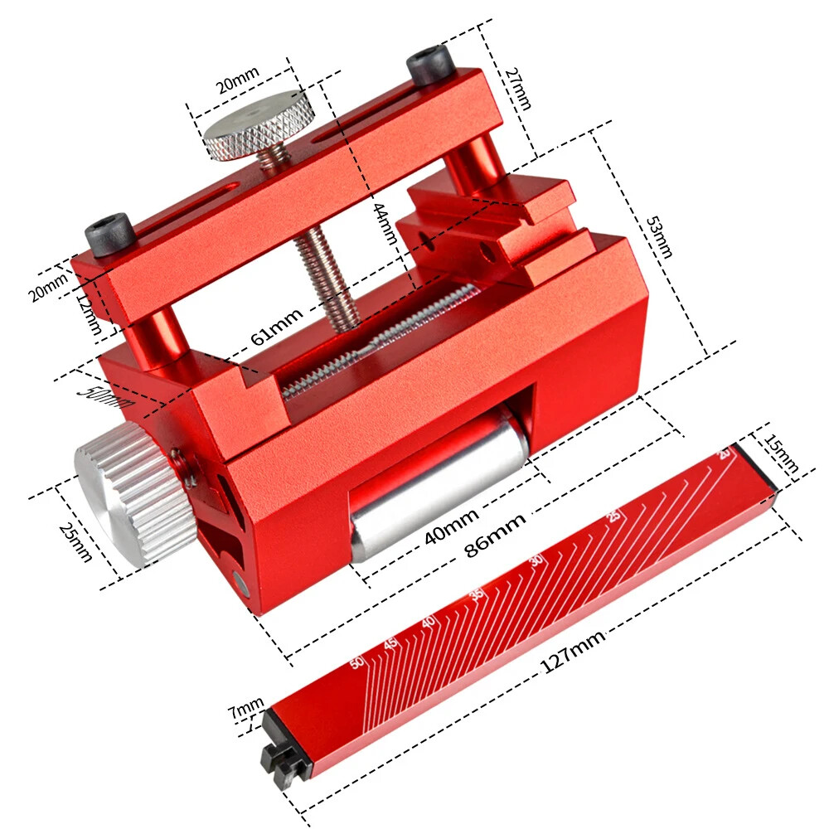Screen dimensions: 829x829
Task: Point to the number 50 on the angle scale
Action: click(357, 662)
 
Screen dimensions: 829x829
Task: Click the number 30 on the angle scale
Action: click(536, 560)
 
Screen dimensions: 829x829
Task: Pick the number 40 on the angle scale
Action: click(429, 622)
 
